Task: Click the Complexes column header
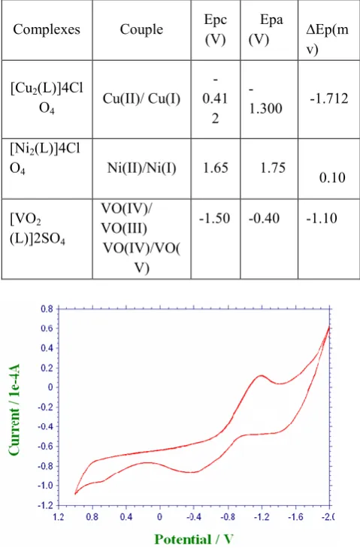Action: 47,29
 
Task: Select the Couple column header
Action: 141,29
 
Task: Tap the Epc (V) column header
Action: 215,29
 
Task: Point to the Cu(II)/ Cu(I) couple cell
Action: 141,98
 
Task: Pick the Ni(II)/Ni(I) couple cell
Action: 141,168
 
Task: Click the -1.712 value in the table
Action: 329,98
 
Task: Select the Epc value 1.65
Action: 216,168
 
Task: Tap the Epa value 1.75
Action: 273,168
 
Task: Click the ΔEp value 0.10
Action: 332,177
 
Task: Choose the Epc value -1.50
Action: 215,219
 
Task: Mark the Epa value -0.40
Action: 265,219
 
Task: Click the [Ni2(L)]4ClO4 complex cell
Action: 45,159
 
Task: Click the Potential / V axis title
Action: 194,539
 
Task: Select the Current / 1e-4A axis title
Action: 14,410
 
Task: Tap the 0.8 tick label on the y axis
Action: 47,309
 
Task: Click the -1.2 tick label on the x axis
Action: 262,516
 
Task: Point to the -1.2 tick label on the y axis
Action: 45,505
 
